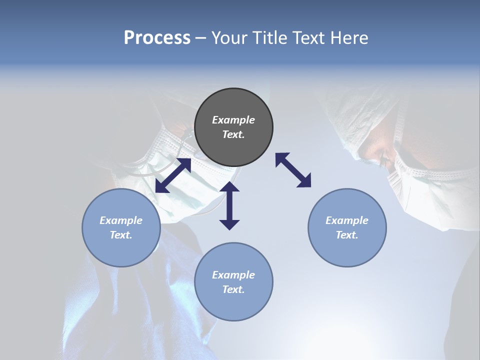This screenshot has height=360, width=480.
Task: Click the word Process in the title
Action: tap(157, 38)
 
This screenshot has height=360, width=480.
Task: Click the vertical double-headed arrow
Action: tap(229, 206)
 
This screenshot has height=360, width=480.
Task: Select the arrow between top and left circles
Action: tap(173, 175)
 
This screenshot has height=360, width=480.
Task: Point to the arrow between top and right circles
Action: tap(293, 170)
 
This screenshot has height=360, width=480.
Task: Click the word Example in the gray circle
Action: tap(233, 120)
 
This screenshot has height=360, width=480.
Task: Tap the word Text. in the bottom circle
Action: tap(233, 289)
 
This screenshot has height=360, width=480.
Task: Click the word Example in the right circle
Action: tap(347, 220)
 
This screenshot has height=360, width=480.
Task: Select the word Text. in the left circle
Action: tap(121, 235)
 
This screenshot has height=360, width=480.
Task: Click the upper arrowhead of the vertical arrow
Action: tap(229, 187)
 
